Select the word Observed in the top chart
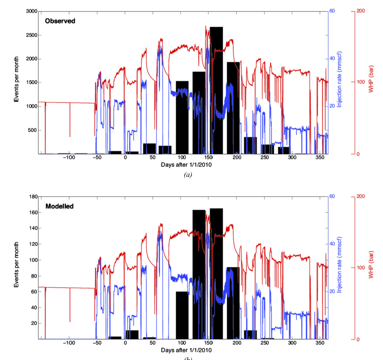tap(60, 21)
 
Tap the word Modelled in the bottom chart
tap(60, 206)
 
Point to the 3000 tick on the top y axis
tap(32, 11)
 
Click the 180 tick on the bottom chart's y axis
tap(33, 196)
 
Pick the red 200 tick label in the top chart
tap(361, 11)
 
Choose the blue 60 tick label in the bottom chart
tap(332, 196)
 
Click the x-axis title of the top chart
tap(186, 165)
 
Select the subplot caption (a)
tap(188, 175)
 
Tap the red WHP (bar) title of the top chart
tap(371, 79)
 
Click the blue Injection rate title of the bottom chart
tap(339, 265)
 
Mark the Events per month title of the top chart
tap(16, 79)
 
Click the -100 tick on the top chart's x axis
tap(69, 157)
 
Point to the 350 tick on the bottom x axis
tap(320, 343)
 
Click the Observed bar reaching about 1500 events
tap(182, 117)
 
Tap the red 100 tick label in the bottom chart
tap(361, 267)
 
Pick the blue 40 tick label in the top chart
tap(332, 58)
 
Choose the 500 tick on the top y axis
tap(32, 130)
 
